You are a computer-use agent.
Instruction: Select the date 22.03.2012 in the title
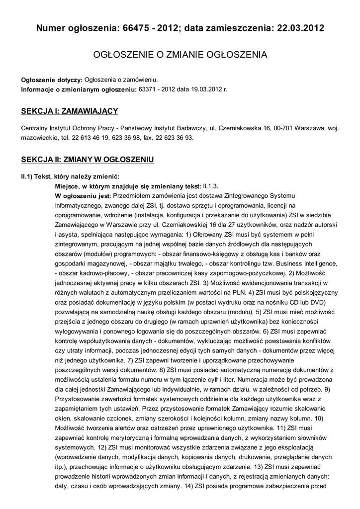click(x=298, y=28)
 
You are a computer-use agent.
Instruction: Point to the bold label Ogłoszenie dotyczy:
click(x=52, y=80)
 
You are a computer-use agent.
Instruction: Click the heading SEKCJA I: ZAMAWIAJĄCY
click(x=69, y=111)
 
